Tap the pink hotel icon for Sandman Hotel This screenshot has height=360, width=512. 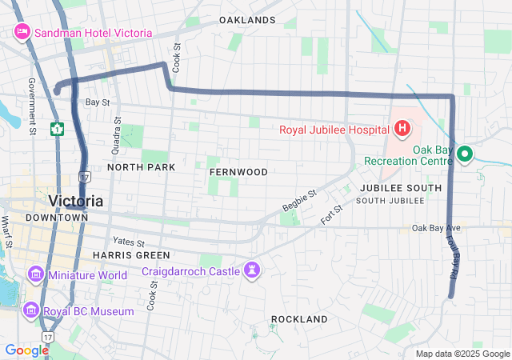click(22, 33)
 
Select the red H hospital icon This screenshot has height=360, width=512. click(402, 129)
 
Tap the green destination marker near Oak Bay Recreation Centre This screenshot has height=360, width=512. click(464, 155)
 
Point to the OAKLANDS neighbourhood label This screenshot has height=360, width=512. click(247, 20)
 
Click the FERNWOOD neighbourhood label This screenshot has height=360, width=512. click(238, 172)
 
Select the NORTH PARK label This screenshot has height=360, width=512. click(141, 168)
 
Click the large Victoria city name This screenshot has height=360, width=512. click(75, 200)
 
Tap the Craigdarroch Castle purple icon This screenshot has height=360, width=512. click(253, 271)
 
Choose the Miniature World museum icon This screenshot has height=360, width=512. click(35, 276)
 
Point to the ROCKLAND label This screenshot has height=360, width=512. click(299, 319)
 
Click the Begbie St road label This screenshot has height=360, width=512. click(300, 201)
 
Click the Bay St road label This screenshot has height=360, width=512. click(97, 102)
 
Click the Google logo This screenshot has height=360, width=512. click(26, 350)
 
